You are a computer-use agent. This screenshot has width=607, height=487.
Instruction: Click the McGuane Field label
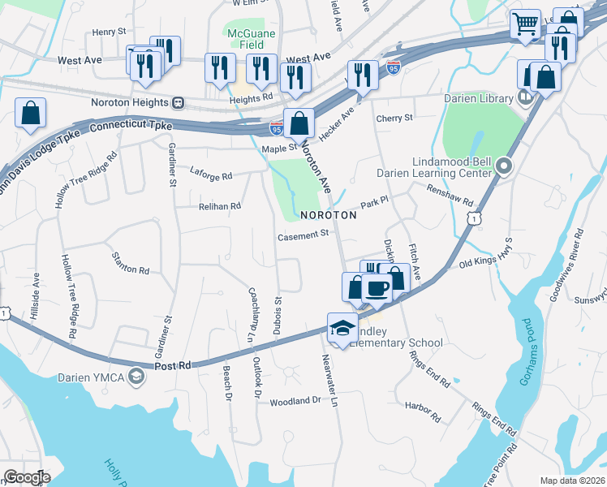(251, 39)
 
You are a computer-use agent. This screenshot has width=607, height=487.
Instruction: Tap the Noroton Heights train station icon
(177, 102)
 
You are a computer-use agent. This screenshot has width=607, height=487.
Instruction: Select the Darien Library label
(478, 99)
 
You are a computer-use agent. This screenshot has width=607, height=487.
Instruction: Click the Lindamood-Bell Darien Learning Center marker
(504, 166)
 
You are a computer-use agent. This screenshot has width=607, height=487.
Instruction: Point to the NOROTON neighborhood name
(328, 216)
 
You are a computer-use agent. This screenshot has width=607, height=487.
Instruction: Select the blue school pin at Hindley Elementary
(342, 328)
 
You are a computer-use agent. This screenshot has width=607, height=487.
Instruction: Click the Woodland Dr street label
(295, 401)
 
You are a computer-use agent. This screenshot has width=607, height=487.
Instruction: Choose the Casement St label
(302, 235)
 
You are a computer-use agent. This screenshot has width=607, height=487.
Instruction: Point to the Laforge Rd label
(211, 175)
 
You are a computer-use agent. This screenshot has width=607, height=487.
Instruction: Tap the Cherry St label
(394, 118)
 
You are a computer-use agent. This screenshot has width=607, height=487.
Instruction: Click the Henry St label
(110, 32)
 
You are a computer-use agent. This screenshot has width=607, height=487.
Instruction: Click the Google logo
(26, 477)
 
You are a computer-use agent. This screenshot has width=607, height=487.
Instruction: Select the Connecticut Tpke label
(134, 127)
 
